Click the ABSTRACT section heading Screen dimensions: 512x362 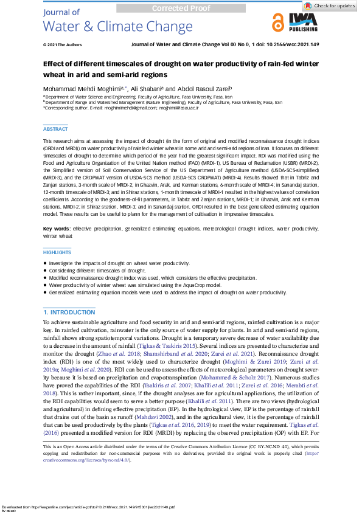(55, 129)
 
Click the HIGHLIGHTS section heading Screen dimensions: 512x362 (57, 252)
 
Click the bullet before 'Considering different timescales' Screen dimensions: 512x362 (45, 270)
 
